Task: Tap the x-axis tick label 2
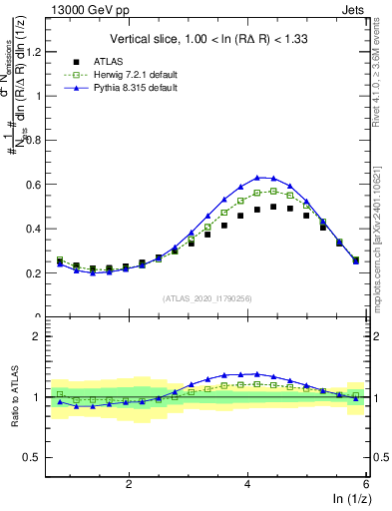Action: pos(129,484)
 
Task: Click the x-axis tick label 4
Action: pos(247,484)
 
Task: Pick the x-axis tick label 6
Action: pos(365,484)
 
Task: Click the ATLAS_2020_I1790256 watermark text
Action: pos(206,297)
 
